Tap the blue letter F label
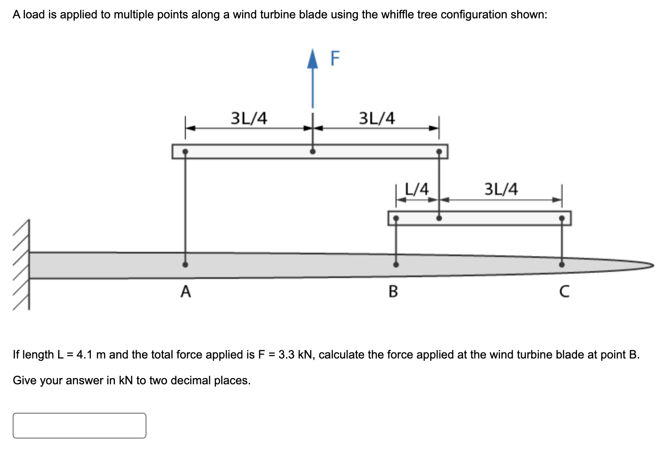pos(335,58)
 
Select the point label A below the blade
pos(186,291)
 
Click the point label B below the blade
pos(393,291)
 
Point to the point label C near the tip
pos(564,291)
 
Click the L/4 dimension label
pos(417,189)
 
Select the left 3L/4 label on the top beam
pos(249,118)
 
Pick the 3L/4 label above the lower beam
pos(501,189)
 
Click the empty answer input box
pos(80,425)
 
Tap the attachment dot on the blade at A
pos(185,265)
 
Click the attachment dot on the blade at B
pos(396,265)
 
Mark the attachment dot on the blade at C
pos(562,265)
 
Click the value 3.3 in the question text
pos(286,355)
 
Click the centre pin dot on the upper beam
pos(313,152)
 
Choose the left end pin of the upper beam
pos(185,152)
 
